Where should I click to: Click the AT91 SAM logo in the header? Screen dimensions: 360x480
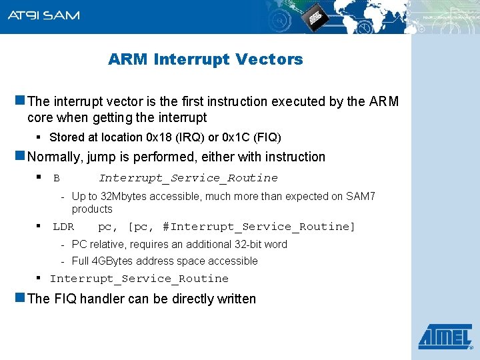[43, 15]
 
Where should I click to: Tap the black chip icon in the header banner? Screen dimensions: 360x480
[315, 19]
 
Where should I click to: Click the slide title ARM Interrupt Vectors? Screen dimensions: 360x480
[205, 59]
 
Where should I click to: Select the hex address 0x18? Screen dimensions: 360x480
[159, 138]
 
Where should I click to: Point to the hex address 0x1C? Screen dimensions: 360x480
[230, 138]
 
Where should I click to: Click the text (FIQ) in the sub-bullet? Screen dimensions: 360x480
[267, 138]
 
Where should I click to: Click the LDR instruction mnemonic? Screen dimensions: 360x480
[63, 227]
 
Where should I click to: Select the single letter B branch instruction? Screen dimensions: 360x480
[57, 178]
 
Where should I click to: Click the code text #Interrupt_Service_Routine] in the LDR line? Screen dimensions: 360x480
[259, 227]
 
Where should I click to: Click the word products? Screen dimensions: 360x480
[92, 209]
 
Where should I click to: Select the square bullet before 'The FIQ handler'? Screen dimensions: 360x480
[20, 298]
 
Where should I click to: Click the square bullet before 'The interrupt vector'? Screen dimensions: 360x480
[20, 101]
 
